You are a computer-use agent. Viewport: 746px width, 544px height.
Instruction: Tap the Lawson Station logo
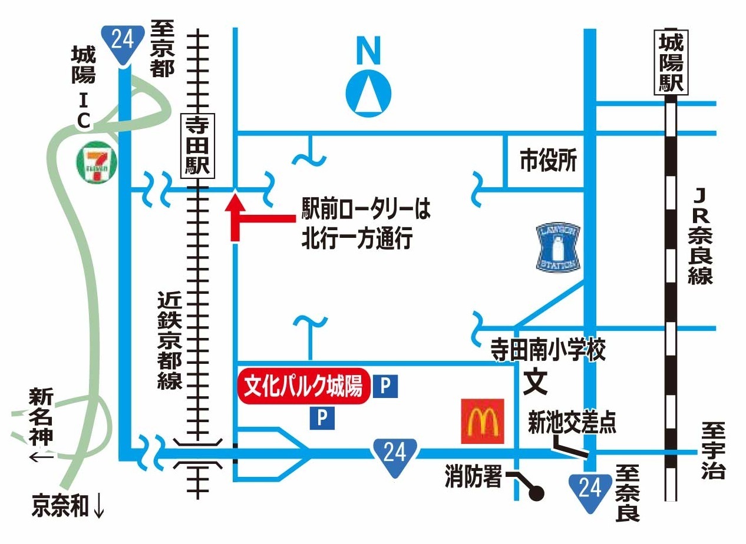(x=558, y=247)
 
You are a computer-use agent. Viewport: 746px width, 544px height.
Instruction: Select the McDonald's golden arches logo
(x=483, y=421)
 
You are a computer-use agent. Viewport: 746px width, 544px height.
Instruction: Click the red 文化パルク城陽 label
(x=303, y=386)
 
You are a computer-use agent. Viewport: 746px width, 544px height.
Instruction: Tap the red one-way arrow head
(x=235, y=203)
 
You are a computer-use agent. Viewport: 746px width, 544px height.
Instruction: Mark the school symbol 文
(x=536, y=382)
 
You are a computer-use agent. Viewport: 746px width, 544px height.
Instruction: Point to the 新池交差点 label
(x=572, y=423)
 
